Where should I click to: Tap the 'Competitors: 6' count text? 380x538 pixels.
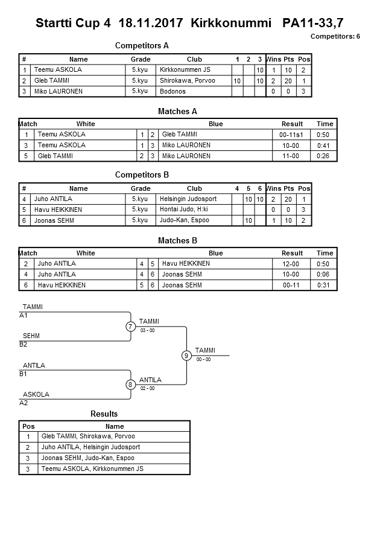coord(335,36)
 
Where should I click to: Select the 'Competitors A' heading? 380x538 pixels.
coord(142,45)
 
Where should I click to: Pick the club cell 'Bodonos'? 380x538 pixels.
coord(173,92)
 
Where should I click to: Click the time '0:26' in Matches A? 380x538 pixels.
coord(325,156)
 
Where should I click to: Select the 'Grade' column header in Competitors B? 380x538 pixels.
coord(141,188)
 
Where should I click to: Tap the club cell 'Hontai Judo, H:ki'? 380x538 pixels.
coord(184,210)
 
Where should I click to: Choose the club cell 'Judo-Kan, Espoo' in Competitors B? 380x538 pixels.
coord(185,220)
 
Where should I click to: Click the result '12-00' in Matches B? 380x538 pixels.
coord(292,264)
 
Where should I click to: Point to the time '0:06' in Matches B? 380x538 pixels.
coord(325,275)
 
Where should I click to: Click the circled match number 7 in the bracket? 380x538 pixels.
coord(130,327)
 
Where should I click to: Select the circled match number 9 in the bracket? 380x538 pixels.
coord(186,356)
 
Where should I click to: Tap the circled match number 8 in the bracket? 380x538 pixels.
coord(130,385)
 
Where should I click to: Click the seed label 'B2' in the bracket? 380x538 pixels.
coord(24,345)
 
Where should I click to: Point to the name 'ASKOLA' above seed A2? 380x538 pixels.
coord(36,394)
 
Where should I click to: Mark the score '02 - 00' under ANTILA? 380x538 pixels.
coord(148,388)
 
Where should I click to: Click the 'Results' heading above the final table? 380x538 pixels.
coord(104,414)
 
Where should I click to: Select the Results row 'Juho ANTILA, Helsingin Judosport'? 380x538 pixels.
coord(90,447)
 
